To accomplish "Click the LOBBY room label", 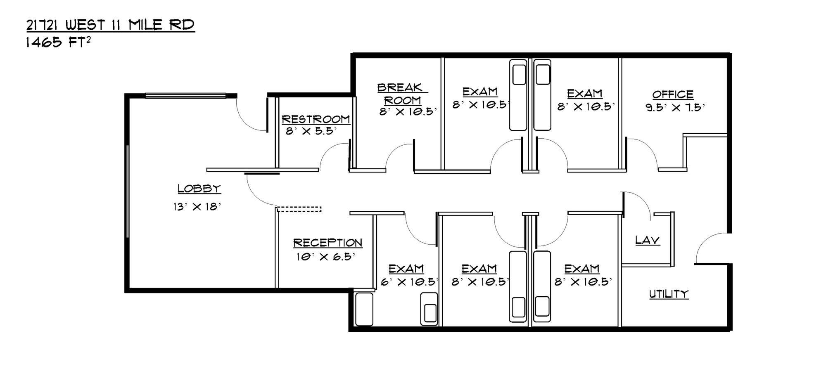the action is click(199, 189).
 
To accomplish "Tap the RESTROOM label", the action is click(316, 119).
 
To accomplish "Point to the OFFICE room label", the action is click(673, 94).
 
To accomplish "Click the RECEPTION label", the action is click(328, 243).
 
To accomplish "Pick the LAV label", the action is click(647, 240).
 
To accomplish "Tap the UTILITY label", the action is click(669, 294).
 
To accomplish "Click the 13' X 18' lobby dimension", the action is click(197, 207).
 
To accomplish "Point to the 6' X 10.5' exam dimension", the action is click(409, 282).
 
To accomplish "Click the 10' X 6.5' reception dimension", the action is click(326, 257).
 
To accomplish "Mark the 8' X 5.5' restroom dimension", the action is click(311, 132).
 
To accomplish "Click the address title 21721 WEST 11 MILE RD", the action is click(110, 25).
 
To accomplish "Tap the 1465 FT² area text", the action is click(58, 42).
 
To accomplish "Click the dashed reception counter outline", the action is click(299, 209).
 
